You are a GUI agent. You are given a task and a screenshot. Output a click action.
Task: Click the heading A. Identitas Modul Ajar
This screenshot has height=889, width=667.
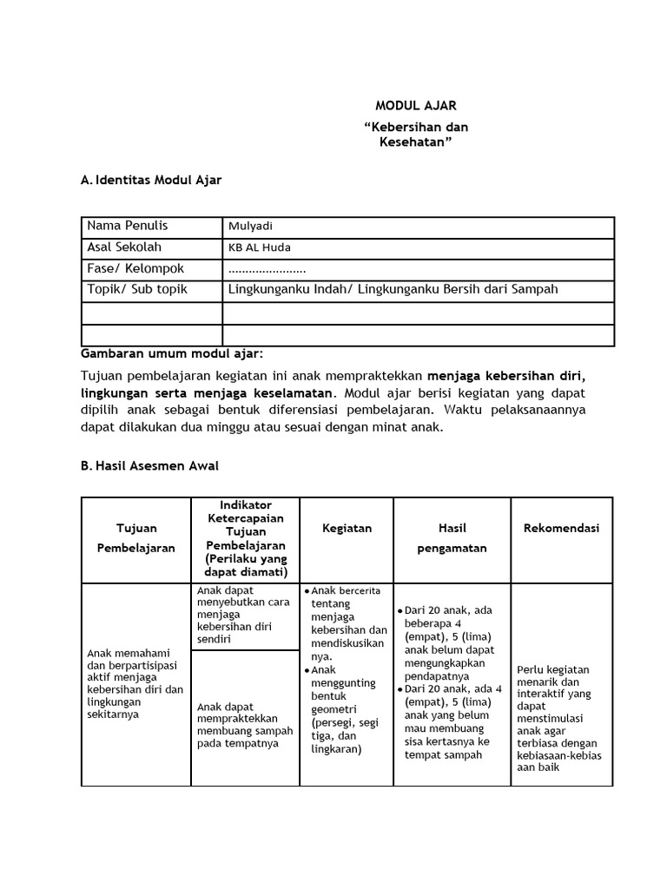151,181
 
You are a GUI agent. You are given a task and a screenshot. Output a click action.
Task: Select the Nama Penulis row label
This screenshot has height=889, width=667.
127,227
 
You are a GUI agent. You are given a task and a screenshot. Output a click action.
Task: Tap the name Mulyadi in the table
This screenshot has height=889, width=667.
250,227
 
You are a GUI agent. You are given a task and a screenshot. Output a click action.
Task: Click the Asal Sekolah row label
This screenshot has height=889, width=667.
124,247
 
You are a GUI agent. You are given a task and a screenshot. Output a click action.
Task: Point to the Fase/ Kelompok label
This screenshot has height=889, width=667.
135,269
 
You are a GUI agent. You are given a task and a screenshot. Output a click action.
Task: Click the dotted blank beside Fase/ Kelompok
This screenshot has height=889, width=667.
267,269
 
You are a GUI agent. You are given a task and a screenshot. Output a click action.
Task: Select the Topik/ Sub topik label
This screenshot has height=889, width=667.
137,290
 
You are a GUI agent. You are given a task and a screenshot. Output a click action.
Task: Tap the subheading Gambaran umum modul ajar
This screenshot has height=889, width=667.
171,354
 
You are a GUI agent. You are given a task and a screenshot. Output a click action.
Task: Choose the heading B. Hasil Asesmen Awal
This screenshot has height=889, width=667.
149,466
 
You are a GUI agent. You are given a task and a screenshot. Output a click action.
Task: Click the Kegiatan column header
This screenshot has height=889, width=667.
347,528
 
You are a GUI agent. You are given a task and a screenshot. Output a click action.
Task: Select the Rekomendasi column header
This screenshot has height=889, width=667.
561,528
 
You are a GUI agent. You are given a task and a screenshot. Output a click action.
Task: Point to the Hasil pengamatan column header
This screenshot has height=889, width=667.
452,538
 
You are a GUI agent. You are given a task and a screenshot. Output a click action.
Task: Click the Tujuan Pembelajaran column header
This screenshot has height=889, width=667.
135,538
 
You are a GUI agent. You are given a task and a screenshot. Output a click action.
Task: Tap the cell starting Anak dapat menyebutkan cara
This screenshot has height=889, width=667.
244,616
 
